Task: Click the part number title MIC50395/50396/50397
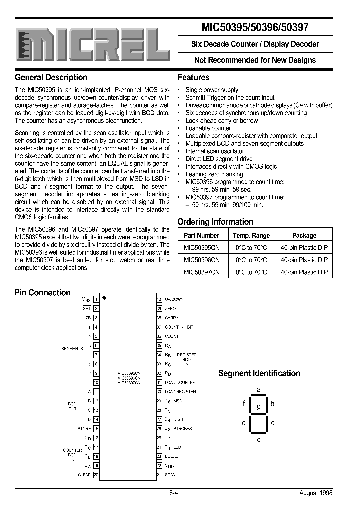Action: [x=255, y=28]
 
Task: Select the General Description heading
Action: [x=51, y=77]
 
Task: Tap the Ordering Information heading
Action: [x=215, y=222]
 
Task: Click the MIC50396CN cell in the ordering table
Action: [x=201, y=260]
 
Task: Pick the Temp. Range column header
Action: [x=251, y=235]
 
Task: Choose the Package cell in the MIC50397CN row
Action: [x=304, y=272]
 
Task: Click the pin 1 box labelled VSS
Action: [x=96, y=299]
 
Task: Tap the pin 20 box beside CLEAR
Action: [x=96, y=475]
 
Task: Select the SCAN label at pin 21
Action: [x=170, y=475]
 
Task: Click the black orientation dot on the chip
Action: [x=104, y=298]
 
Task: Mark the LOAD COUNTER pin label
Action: [x=180, y=382]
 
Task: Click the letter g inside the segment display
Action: [x=258, y=406]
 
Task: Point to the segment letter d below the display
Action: [x=258, y=440]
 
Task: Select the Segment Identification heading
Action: [x=259, y=373]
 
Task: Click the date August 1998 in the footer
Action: [x=316, y=493]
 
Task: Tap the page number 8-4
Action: [x=174, y=493]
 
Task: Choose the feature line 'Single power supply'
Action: [x=212, y=90]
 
